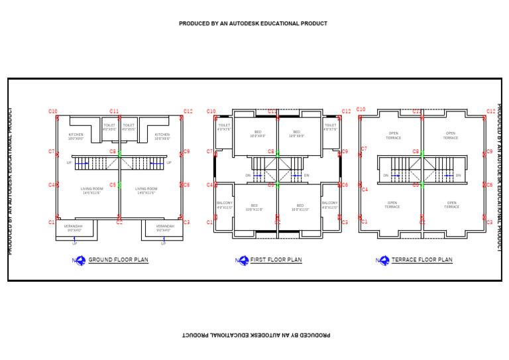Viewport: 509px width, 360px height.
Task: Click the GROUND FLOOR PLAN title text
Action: (119, 260)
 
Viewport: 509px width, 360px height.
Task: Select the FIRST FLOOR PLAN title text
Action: (276, 260)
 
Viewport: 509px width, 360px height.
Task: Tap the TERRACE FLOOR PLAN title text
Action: (422, 260)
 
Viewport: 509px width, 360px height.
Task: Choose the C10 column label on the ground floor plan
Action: (53, 111)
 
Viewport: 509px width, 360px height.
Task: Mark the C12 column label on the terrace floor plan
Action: (491, 111)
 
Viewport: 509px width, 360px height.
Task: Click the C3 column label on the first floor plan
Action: (345, 223)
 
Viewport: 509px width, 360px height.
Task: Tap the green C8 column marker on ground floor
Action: (119, 154)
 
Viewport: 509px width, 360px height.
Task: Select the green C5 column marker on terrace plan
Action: (422, 184)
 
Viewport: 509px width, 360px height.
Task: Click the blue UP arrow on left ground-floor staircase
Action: (81, 162)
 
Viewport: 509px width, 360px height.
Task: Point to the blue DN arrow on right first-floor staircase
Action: (295, 176)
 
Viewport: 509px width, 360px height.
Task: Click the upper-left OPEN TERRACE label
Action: (394, 135)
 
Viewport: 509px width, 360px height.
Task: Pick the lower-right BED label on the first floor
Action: (300, 207)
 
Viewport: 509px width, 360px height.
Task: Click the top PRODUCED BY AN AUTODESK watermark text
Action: (253, 24)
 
